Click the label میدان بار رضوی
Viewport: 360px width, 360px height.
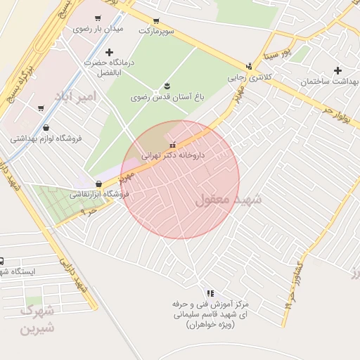98,30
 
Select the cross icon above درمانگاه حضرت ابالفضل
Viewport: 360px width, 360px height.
108,52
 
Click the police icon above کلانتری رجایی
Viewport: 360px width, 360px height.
249,66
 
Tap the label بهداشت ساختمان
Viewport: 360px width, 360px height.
329,82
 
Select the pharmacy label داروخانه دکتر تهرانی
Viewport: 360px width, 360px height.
173,156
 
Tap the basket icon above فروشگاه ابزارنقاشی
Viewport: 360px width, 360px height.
98,184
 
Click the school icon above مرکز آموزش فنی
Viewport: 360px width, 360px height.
210,293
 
